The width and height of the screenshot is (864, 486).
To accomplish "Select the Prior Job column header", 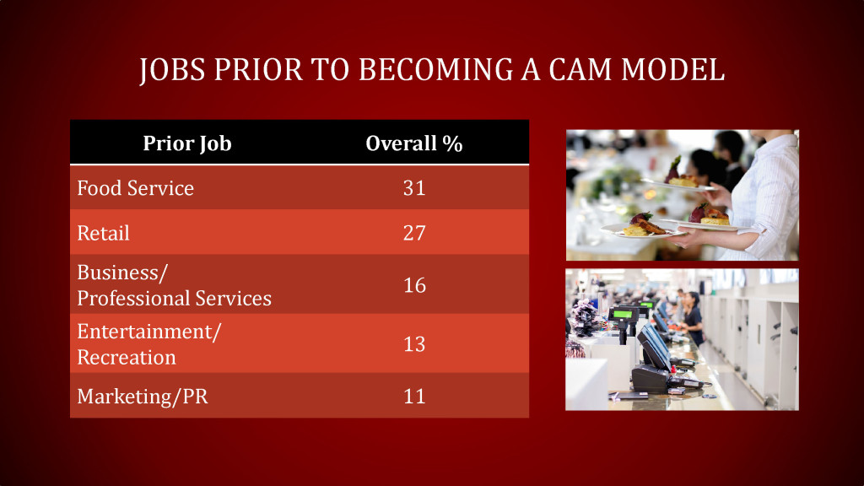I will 186,143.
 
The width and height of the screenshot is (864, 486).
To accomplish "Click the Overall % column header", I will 414,143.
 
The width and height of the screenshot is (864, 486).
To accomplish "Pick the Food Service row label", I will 135,188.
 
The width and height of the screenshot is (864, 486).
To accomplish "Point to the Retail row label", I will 103,233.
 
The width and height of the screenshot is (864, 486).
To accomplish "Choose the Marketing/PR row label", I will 143,397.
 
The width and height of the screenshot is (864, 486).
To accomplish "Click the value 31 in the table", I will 414,188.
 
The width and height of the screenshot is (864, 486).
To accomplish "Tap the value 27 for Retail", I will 414,233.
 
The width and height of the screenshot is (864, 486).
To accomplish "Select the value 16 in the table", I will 414,285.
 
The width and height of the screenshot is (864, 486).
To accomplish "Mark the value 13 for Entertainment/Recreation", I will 414,344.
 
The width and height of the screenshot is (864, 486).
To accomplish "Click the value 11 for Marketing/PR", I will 414,397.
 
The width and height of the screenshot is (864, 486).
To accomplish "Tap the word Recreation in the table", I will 127,358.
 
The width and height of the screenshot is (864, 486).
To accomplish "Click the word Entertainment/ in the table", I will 149,332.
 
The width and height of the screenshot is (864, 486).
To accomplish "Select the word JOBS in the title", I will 173,70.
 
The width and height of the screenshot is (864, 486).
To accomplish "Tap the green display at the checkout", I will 622,315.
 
